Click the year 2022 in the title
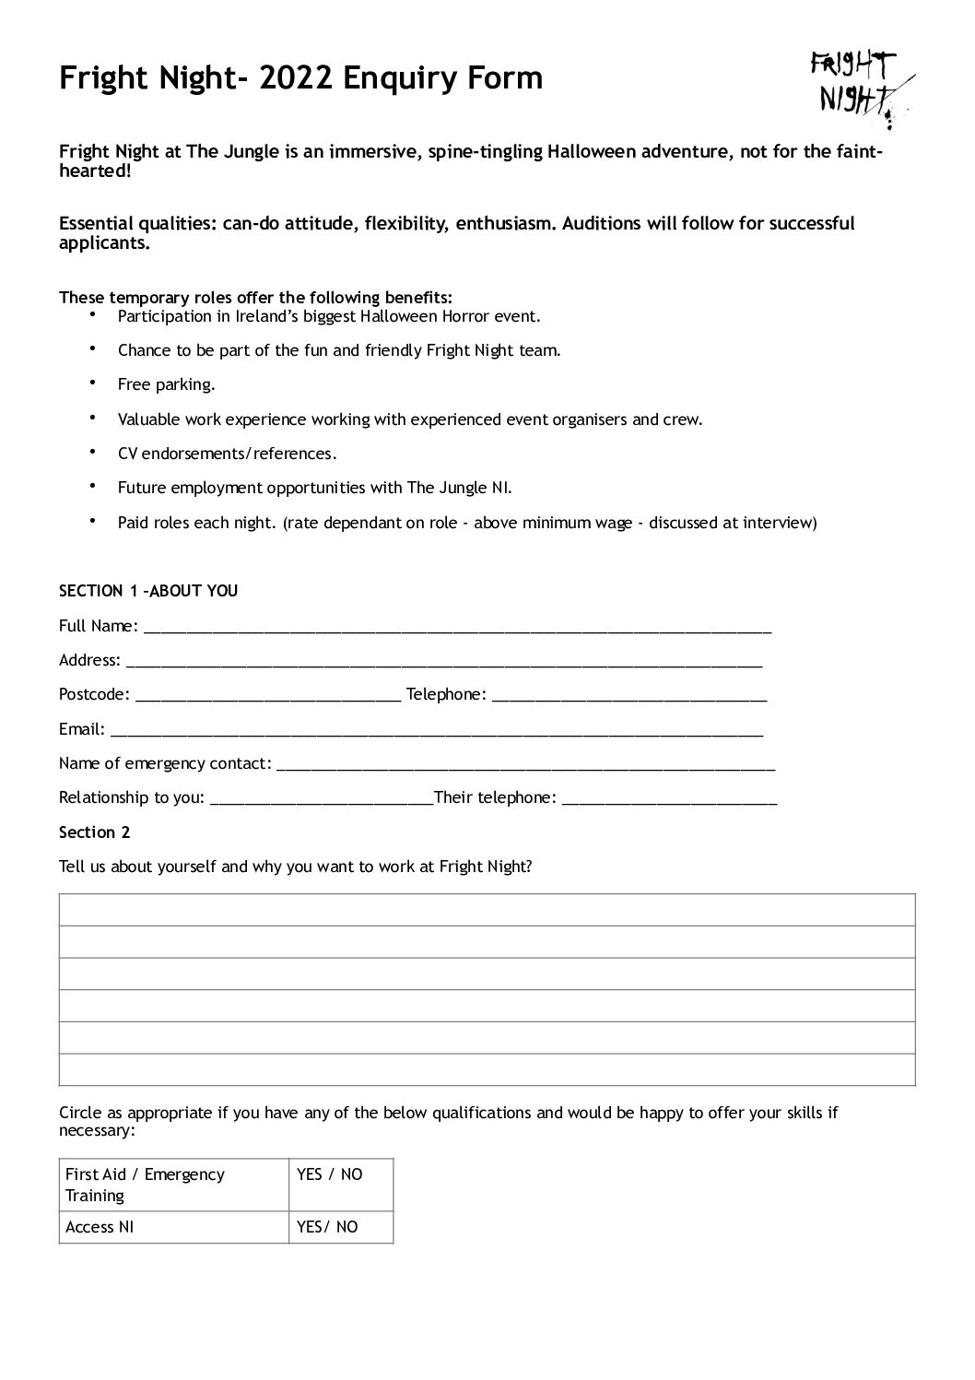pyautogui.click(x=298, y=78)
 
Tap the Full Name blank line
pyautogui.click(x=457, y=627)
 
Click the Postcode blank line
pyautogui.click(x=267, y=695)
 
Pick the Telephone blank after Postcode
pyautogui.click(x=629, y=695)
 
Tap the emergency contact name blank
pyautogui.click(x=525, y=764)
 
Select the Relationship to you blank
pyautogui.click(x=322, y=798)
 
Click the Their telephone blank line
pyautogui.click(x=669, y=798)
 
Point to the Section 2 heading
pyautogui.click(x=95, y=832)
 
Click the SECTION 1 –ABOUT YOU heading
pyautogui.click(x=148, y=591)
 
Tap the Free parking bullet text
pyautogui.click(x=166, y=384)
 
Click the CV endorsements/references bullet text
pyautogui.click(x=228, y=454)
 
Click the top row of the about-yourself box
pyautogui.click(x=487, y=910)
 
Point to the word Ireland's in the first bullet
pyautogui.click(x=276, y=316)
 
